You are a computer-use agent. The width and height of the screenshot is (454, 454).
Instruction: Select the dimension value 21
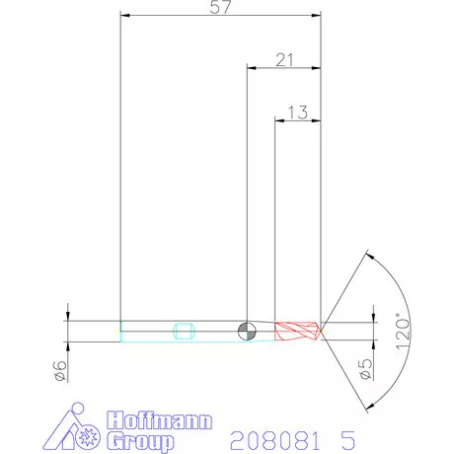coord(285,60)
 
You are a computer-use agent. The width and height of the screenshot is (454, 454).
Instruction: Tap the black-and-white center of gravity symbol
coord(246,330)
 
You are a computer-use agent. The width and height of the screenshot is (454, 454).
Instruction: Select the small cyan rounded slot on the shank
coord(181,330)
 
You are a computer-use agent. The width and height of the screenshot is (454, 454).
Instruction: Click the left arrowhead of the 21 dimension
coord(250,68)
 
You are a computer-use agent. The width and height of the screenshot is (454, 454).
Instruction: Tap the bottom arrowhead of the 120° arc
coord(367,408)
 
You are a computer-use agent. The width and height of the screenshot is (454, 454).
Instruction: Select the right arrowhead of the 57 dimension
coord(319,15)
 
